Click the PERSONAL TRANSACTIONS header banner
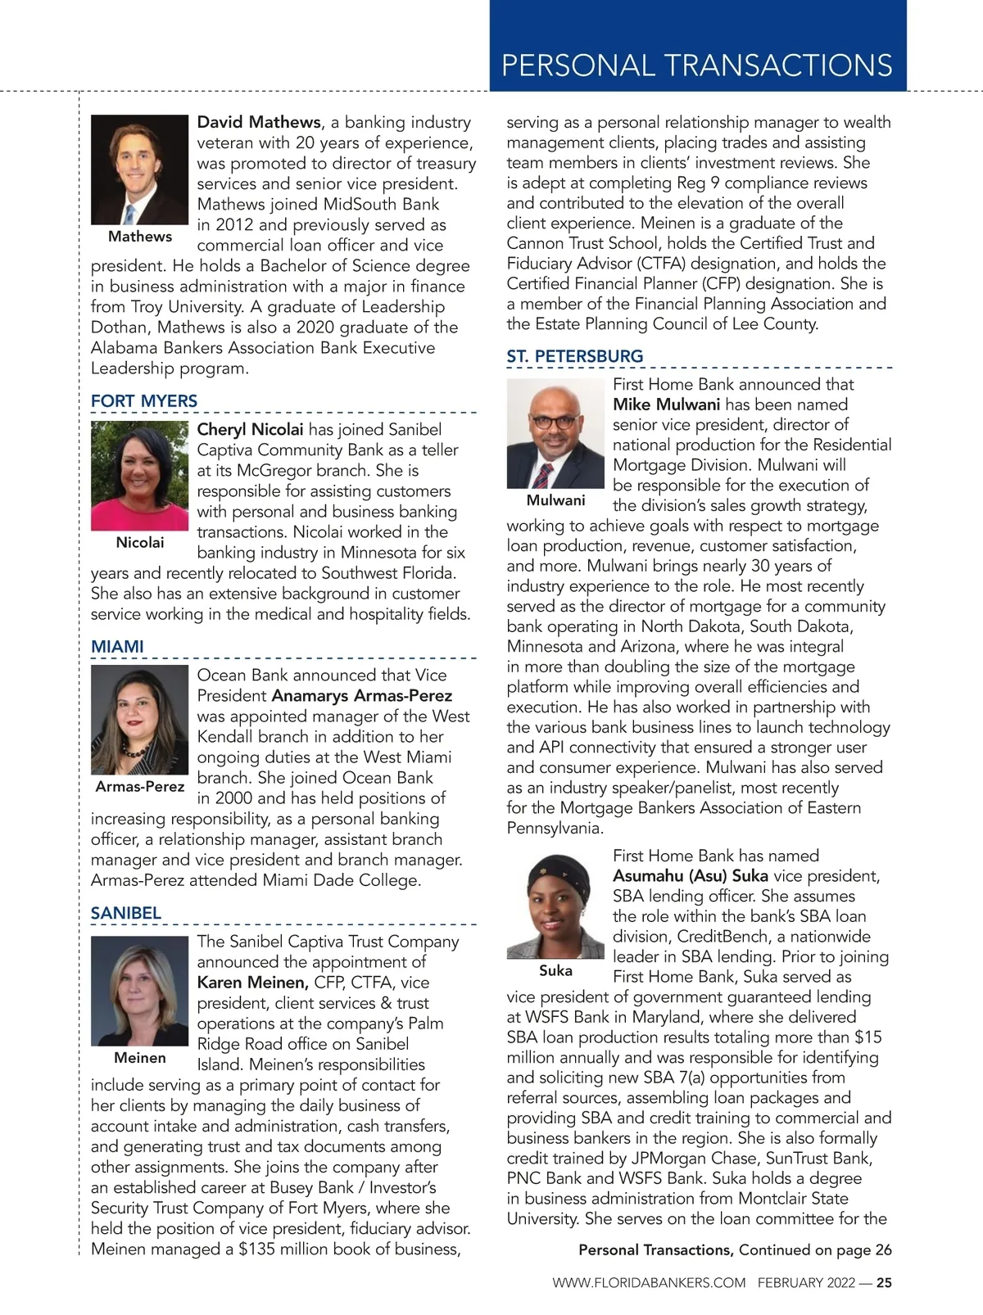[697, 65]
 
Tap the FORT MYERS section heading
[144, 401]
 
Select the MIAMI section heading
[117, 647]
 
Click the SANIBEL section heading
[126, 913]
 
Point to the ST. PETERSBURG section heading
[575, 356]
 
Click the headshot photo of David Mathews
[140, 169]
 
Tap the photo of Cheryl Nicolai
[140, 476]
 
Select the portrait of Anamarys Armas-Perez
[140, 720]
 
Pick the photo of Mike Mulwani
[556, 433]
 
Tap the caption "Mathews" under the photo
[140, 237]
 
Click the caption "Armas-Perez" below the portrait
[140, 787]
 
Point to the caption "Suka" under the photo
[556, 971]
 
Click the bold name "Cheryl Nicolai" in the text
[250, 430]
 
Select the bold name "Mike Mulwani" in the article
[667, 404]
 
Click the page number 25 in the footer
[884, 1283]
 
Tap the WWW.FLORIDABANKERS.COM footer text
[649, 1283]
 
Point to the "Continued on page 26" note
[815, 1250]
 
